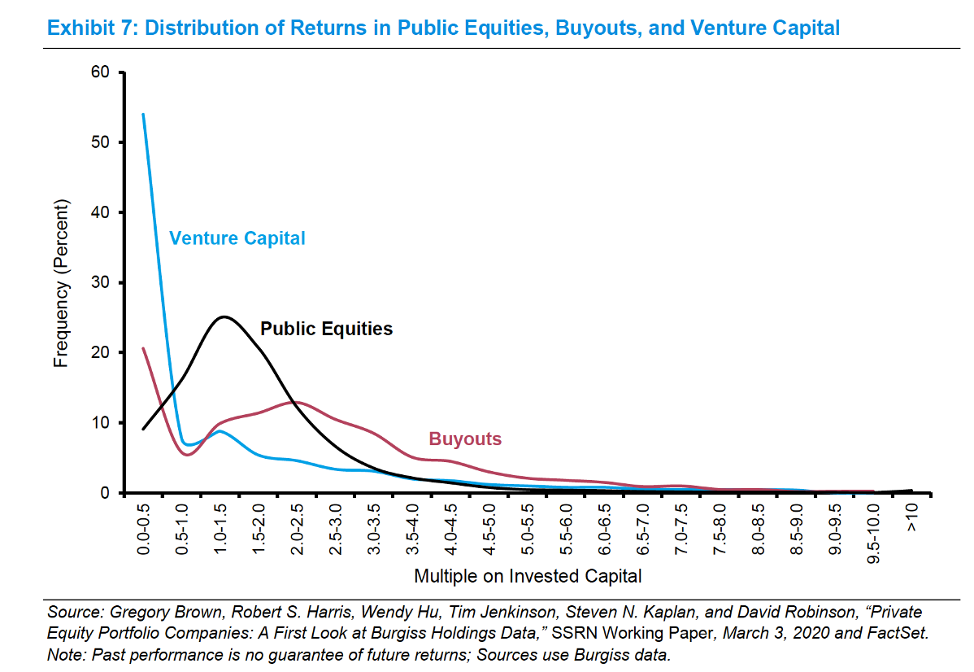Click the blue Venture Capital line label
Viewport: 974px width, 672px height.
pos(237,238)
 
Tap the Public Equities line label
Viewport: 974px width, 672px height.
pos(326,329)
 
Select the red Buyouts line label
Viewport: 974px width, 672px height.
pos(465,439)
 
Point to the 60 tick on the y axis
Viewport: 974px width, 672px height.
pos(100,72)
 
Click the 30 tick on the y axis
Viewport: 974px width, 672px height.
pos(100,282)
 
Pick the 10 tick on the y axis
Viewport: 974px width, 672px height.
pos(100,422)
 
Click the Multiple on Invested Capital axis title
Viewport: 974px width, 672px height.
pos(528,577)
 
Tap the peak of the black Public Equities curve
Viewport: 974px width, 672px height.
pos(224,316)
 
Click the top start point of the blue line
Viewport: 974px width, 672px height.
pos(144,114)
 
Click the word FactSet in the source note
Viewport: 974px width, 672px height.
pos(894,634)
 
